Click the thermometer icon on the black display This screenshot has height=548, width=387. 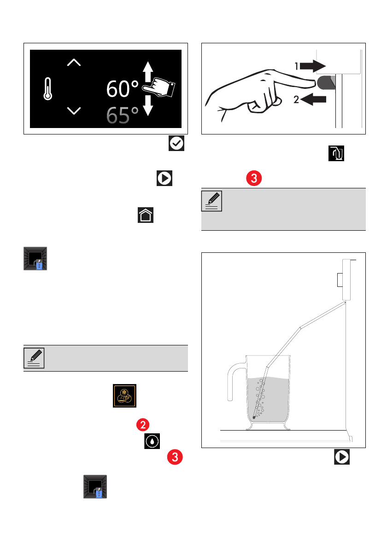[48, 89]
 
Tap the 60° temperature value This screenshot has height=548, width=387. [123, 89]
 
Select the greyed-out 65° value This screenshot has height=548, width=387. [123, 115]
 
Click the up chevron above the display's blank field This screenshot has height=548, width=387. [74, 63]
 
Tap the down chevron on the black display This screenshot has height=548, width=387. [74, 111]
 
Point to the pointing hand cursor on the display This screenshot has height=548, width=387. [159, 87]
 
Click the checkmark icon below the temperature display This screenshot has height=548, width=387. [176, 143]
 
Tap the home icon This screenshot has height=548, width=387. [146, 215]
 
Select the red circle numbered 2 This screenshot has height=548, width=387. [143, 425]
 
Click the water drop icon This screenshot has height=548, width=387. [152, 441]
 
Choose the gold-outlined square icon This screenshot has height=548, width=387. [124, 396]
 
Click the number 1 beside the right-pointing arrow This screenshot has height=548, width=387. [296, 66]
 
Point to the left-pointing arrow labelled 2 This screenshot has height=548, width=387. [313, 99]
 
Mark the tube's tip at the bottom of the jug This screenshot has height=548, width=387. [254, 417]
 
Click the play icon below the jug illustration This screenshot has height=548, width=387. [342, 457]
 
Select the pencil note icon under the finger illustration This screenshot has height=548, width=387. [211, 201]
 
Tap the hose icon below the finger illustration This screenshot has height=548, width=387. [336, 153]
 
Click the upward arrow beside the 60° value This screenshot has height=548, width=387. [148, 72]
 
